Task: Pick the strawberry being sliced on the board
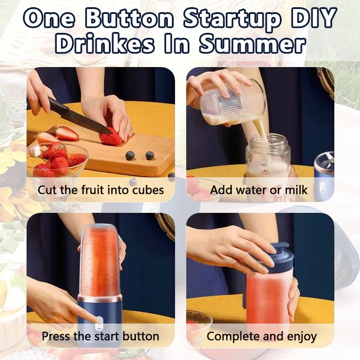pos(111,137)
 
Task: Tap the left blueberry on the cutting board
pos(130,156)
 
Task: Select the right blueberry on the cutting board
pos(150,155)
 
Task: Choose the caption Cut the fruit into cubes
pos(101,189)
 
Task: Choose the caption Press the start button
pos(100,336)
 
